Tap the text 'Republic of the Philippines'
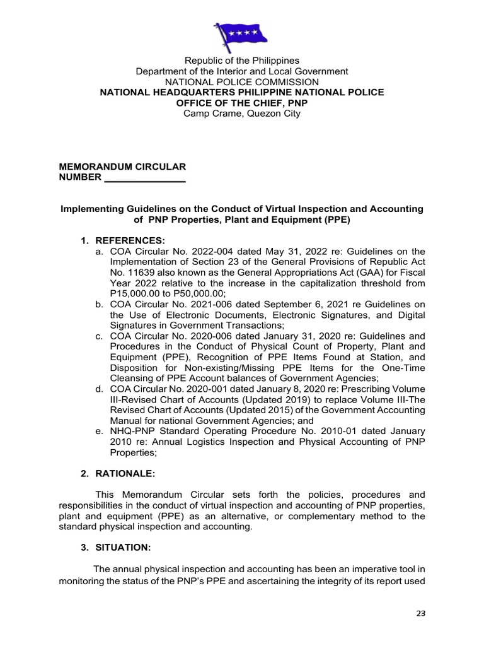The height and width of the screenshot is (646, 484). (242, 61)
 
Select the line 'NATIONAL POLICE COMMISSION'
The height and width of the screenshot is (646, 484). (242, 82)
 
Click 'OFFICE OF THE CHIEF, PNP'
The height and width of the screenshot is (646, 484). (242, 103)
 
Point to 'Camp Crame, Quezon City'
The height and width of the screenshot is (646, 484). (242, 114)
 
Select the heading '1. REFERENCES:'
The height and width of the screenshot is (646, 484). (122, 240)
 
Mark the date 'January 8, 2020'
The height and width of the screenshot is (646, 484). (267, 389)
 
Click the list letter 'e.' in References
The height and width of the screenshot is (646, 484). (99, 431)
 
